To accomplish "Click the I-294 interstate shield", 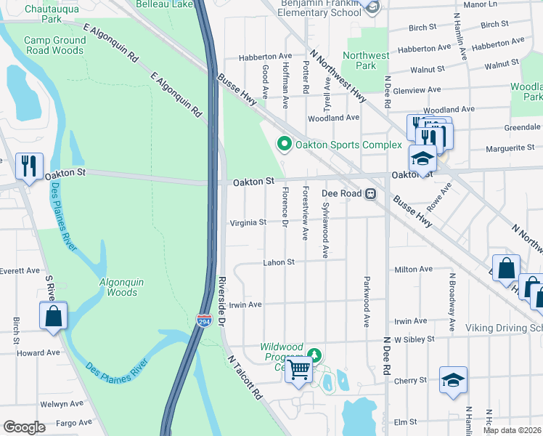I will tap(204, 320).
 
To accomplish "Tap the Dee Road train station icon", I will tap(370, 194).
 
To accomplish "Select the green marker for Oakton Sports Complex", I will tap(284, 145).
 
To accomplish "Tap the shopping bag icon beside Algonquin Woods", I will tap(53, 316).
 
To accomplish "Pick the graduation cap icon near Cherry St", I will tap(452, 379).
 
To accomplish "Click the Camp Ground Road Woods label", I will tap(54, 46).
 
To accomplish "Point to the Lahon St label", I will tap(279, 262).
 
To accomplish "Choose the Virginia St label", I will tap(248, 223).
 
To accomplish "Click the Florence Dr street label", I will tap(285, 207).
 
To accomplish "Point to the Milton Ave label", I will tap(413, 270).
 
